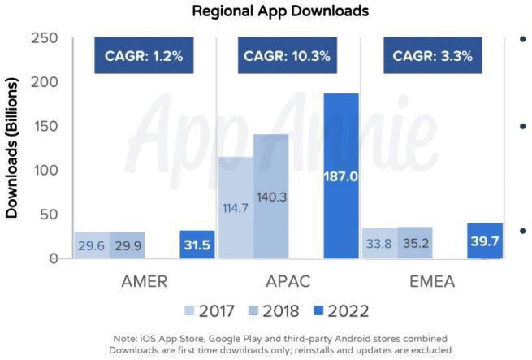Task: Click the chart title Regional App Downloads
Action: (269, 11)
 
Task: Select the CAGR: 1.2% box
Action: (143, 57)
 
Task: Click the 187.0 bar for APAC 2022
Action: (341, 176)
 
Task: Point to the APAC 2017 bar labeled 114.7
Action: (235, 208)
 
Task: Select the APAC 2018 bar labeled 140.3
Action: (270, 197)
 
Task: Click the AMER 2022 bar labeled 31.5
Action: (197, 245)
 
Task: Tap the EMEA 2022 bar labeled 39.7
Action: (485, 241)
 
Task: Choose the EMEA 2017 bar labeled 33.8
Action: (379, 244)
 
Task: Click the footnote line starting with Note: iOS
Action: (269, 337)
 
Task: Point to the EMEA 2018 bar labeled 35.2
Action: (415, 243)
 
